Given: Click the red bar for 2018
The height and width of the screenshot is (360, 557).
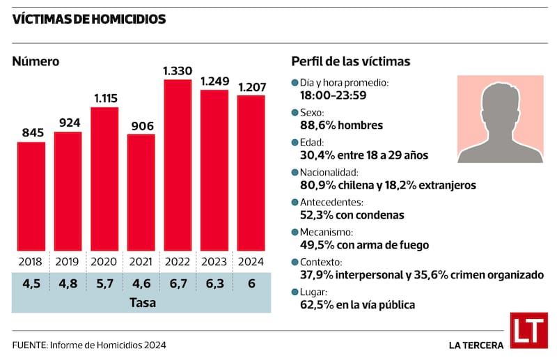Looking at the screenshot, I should [31, 196].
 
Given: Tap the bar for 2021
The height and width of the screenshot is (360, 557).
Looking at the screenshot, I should [141, 192].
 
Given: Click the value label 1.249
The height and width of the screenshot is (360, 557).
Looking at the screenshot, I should [214, 81].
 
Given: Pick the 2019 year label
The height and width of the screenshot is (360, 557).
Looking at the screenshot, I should [68, 262].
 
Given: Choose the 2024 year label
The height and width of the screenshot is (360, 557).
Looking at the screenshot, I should [251, 262].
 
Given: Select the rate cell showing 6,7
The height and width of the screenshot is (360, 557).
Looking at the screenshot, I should [178, 283].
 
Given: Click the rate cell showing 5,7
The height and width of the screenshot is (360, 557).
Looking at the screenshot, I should [104, 283].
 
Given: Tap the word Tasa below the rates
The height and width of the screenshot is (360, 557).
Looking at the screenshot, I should [141, 303].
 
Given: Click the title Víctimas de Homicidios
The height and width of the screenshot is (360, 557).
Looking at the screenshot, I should [89, 19].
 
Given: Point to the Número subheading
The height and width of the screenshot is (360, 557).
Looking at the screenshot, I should [36, 61].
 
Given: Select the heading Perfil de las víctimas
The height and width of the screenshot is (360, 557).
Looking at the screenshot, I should [350, 61].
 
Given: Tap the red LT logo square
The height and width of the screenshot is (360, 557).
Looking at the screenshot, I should [528, 330].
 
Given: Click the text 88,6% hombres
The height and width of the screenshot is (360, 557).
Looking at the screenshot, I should [341, 125].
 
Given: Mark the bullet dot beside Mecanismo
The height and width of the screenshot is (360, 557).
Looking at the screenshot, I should [295, 232].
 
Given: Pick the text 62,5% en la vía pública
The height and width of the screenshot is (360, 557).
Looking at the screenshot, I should [357, 304].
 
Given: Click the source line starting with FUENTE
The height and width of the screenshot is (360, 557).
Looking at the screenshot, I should [89, 345].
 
